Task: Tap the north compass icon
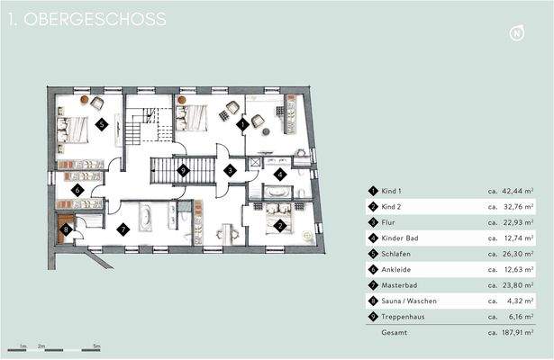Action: (x=517, y=34)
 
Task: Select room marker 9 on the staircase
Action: (x=183, y=169)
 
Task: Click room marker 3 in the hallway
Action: (x=230, y=169)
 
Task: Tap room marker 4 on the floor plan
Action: (x=280, y=174)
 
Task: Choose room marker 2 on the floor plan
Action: (x=280, y=226)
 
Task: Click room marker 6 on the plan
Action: (x=77, y=190)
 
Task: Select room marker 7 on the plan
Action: (x=123, y=229)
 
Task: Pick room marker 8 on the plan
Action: (x=66, y=229)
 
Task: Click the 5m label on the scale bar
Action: (x=96, y=346)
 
